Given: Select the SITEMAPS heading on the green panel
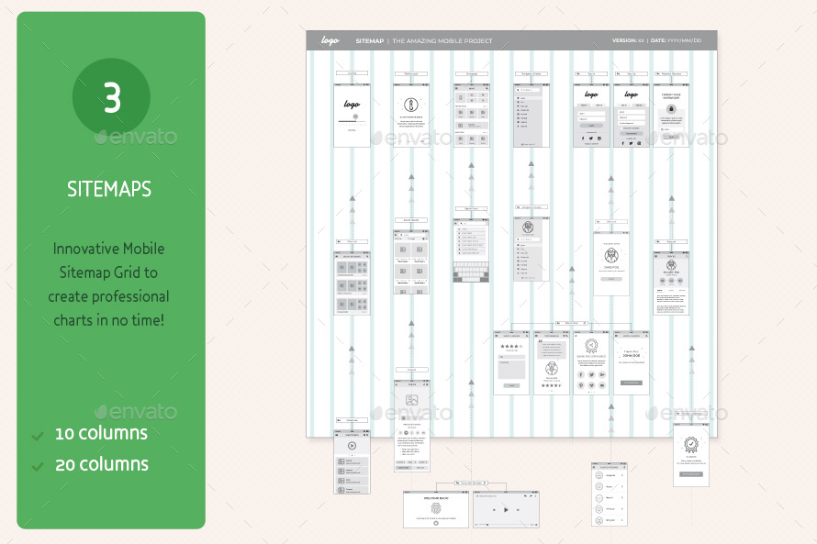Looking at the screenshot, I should coord(109,189).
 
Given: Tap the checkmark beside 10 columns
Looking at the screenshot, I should coord(38,434).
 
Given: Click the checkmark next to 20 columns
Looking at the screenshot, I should coord(38,466).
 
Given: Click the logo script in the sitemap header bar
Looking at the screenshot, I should coord(330,40).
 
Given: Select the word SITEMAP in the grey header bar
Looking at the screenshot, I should coord(370,41).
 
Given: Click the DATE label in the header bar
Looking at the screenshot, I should coord(658,41).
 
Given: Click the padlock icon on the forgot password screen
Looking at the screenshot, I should coord(671,109).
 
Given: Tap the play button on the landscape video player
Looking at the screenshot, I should coord(506,508).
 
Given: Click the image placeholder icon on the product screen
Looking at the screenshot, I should coord(412,401).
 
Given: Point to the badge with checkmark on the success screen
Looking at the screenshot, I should coord(690,447).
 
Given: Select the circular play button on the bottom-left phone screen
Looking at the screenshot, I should coord(352,445).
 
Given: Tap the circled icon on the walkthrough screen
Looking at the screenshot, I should coord(411,105).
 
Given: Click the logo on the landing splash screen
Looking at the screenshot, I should coord(352,105).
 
